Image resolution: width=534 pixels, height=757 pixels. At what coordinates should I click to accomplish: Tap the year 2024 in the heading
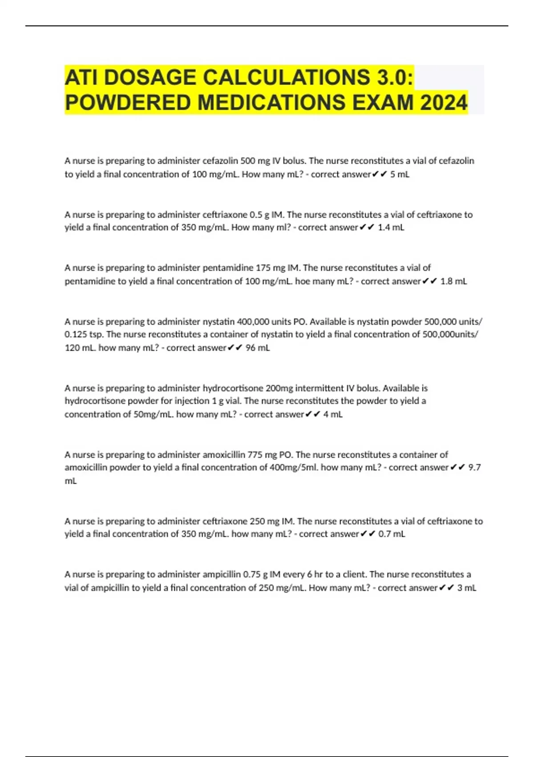tap(443, 103)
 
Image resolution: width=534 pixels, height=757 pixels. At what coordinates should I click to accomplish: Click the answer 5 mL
tap(400, 174)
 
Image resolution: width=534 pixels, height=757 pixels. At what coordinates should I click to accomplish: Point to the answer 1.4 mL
tap(391, 227)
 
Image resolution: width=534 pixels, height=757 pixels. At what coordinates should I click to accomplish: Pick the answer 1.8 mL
tap(453, 281)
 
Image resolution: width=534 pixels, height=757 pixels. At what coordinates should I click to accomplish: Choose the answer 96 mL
tap(258, 347)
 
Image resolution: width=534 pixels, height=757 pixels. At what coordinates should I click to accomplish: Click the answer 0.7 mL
tap(392, 533)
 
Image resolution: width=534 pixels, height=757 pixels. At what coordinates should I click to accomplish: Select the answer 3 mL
tap(467, 587)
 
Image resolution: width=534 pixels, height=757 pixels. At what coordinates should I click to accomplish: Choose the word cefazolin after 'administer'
tap(220, 160)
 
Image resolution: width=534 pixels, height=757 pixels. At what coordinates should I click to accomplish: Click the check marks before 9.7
tap(458, 467)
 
